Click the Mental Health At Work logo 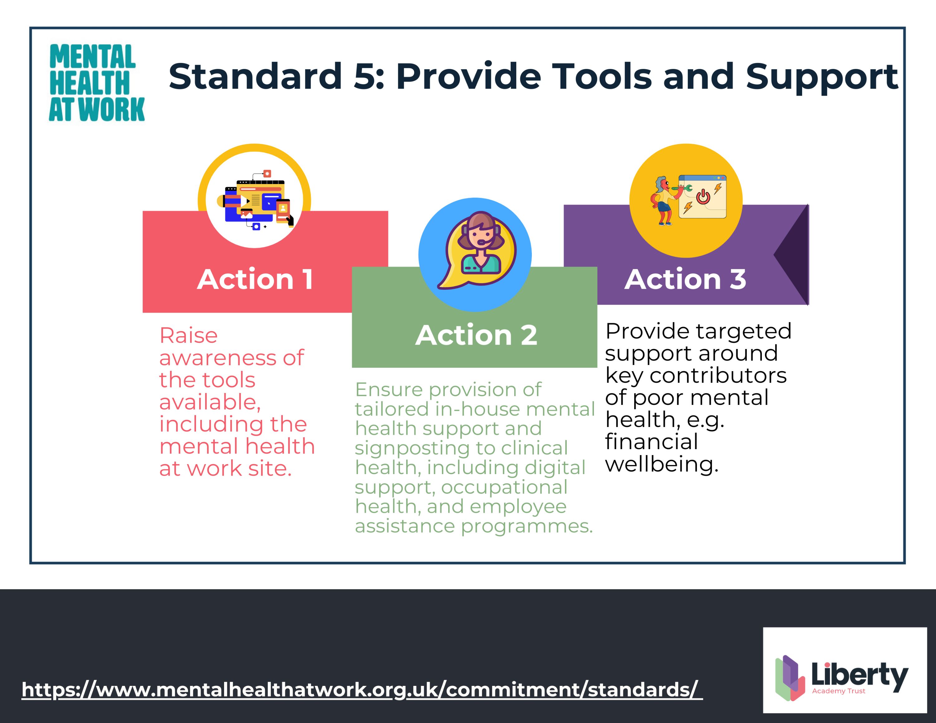(97, 83)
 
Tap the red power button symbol (703, 197)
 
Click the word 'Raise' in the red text (189, 335)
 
